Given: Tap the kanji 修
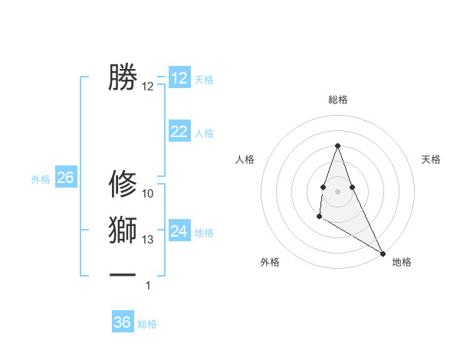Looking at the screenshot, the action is click(123, 184).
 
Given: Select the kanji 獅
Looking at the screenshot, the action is click(123, 230).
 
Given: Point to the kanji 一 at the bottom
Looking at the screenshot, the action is click(123, 273).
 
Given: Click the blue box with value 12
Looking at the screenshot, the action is click(179, 78).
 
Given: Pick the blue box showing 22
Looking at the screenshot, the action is click(179, 132).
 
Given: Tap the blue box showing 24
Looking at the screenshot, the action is click(179, 231).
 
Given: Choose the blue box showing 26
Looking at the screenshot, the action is click(65, 178).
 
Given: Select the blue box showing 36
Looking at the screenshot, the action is click(123, 322).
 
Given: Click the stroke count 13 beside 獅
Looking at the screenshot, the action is click(148, 240).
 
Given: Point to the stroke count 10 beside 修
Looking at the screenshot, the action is click(148, 194).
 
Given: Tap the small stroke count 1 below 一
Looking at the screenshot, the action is click(148, 286).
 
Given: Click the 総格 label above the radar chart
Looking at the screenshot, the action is click(338, 100).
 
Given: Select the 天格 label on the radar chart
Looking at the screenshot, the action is click(431, 159).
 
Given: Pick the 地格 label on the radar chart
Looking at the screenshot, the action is click(402, 262).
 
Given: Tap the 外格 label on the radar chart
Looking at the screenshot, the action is click(270, 262).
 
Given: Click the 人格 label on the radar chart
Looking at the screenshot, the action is click(245, 159).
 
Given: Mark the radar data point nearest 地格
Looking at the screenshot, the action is click(383, 253).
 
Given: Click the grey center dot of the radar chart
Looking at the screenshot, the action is click(337, 190).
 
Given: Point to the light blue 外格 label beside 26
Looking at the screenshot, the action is click(41, 179).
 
